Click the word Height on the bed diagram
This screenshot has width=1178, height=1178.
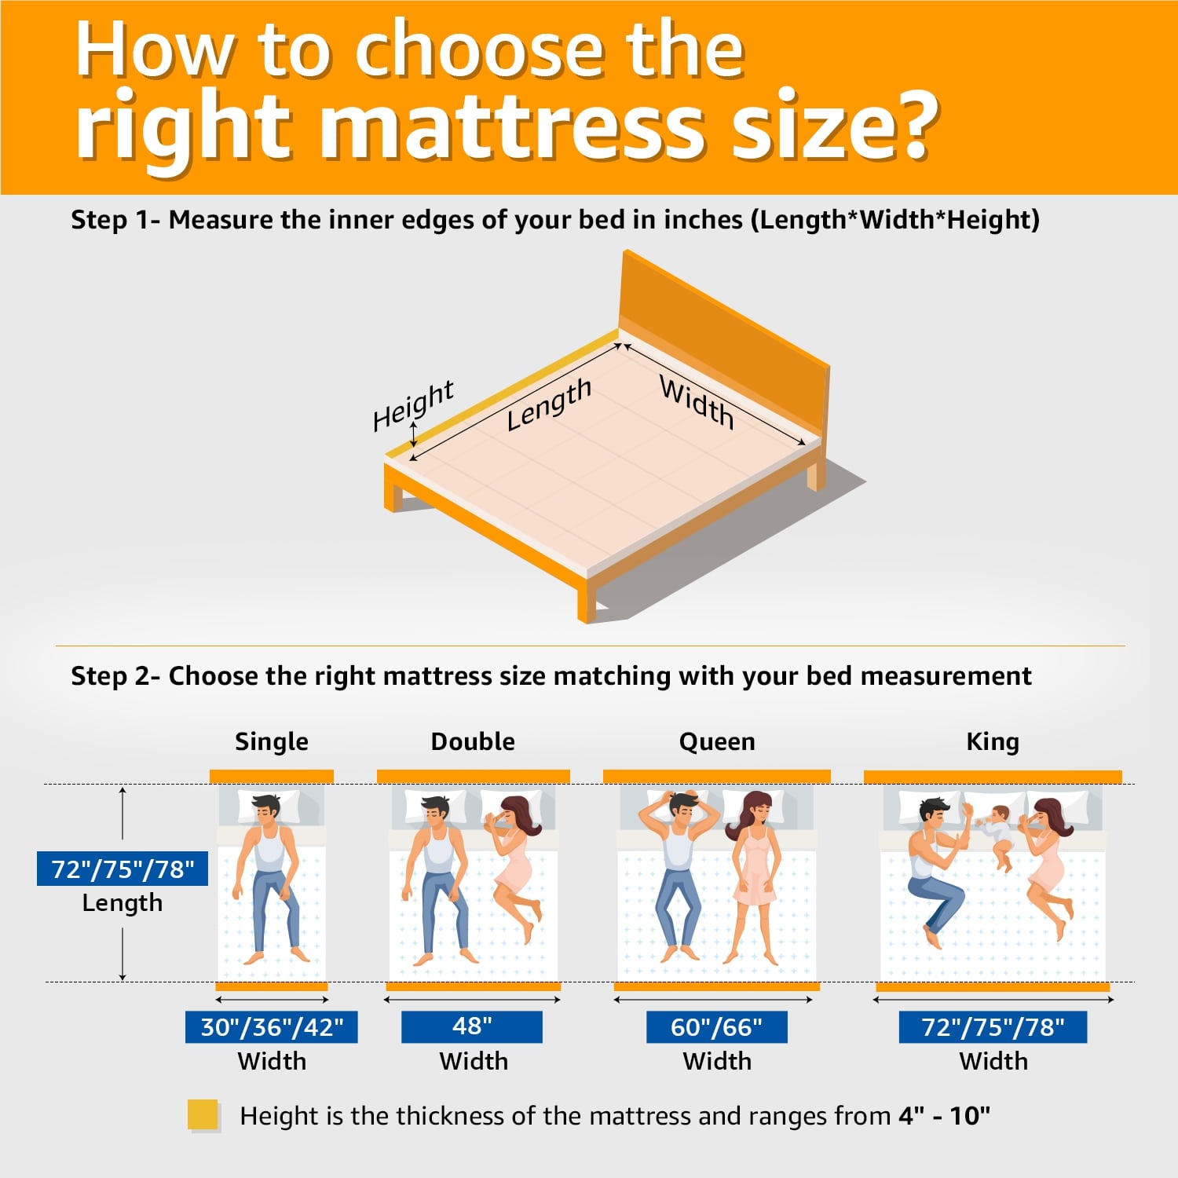[x=413, y=405]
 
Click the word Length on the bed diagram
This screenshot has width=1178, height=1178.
[x=548, y=404]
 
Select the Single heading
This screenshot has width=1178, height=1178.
[x=272, y=741]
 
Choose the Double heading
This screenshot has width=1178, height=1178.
[x=473, y=741]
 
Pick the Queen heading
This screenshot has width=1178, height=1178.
[x=717, y=741]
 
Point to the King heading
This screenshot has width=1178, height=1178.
[x=993, y=741]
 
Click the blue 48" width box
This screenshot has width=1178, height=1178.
[x=472, y=1026]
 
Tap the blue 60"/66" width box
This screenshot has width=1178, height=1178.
[x=716, y=1026]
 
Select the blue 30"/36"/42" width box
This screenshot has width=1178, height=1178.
[x=272, y=1026]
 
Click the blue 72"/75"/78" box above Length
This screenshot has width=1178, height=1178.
[x=123, y=869]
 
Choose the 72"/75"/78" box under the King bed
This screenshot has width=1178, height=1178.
[x=993, y=1026]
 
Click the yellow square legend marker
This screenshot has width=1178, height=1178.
[x=203, y=1115]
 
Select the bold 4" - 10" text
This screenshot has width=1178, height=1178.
[x=945, y=1115]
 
